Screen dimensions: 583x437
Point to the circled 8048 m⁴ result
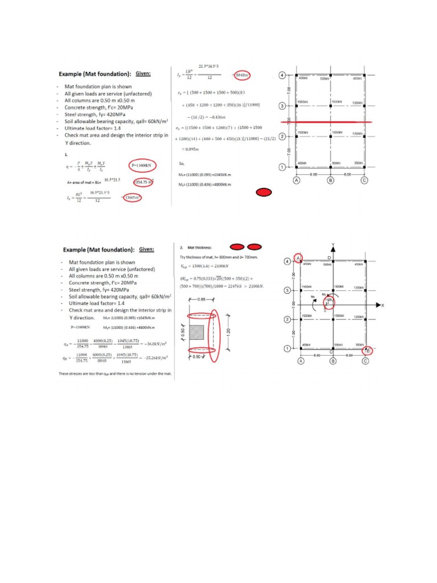[x=242, y=75]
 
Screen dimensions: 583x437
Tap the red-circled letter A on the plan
[x=298, y=257]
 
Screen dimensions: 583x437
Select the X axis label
[x=382, y=306]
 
